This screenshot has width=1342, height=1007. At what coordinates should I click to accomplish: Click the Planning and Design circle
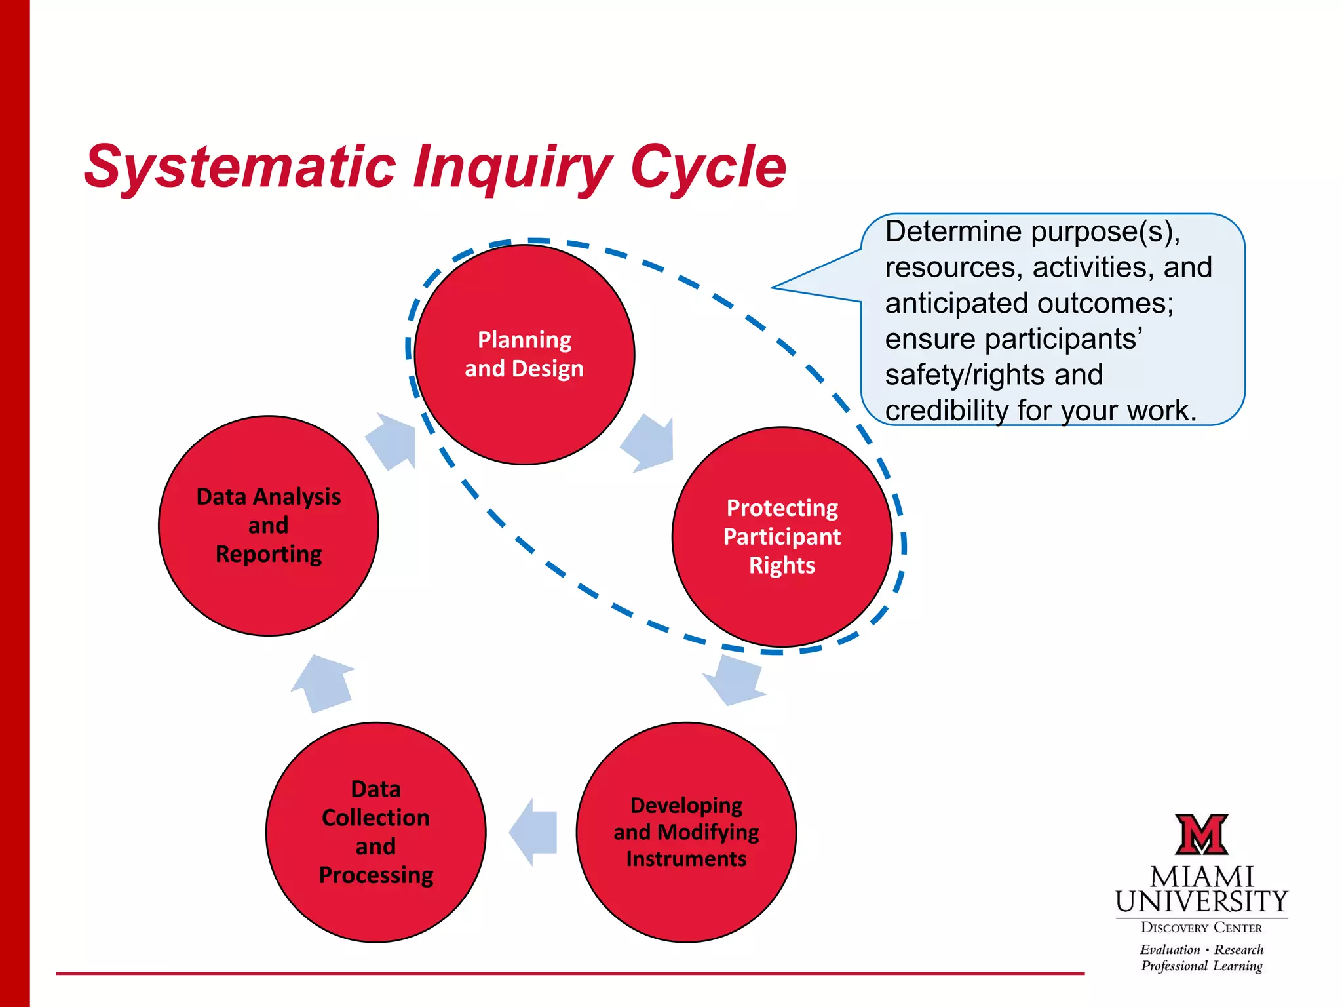524,355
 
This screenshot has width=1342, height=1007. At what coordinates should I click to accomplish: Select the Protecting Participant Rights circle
782,537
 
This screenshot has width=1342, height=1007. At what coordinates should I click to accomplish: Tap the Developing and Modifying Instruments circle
686,832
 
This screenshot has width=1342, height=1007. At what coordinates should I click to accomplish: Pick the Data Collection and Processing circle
375,832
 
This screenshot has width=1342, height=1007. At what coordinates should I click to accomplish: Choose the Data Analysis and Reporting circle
268,525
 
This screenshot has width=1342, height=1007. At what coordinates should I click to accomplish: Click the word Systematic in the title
240,167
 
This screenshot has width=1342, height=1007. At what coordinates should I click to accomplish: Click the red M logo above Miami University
1201,834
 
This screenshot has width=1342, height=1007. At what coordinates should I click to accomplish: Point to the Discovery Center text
1201,927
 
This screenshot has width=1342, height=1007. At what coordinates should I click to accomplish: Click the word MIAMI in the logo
1201,877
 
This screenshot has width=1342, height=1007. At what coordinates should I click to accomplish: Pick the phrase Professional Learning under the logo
1201,966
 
